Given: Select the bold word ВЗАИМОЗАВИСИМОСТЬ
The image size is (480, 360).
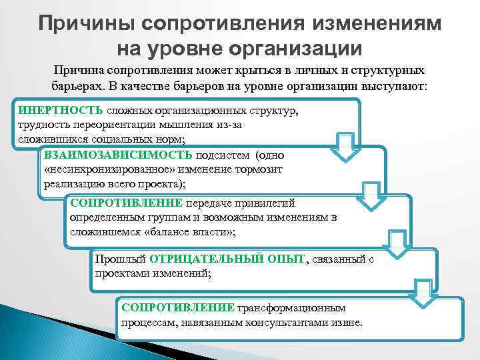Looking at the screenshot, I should [x=118, y=155].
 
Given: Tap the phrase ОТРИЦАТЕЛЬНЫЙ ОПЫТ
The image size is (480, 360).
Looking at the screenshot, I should [x=227, y=259].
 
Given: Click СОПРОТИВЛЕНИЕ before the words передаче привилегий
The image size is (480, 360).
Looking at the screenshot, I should [x=126, y=203].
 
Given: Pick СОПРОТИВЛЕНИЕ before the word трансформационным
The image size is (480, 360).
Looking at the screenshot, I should [x=177, y=307].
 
